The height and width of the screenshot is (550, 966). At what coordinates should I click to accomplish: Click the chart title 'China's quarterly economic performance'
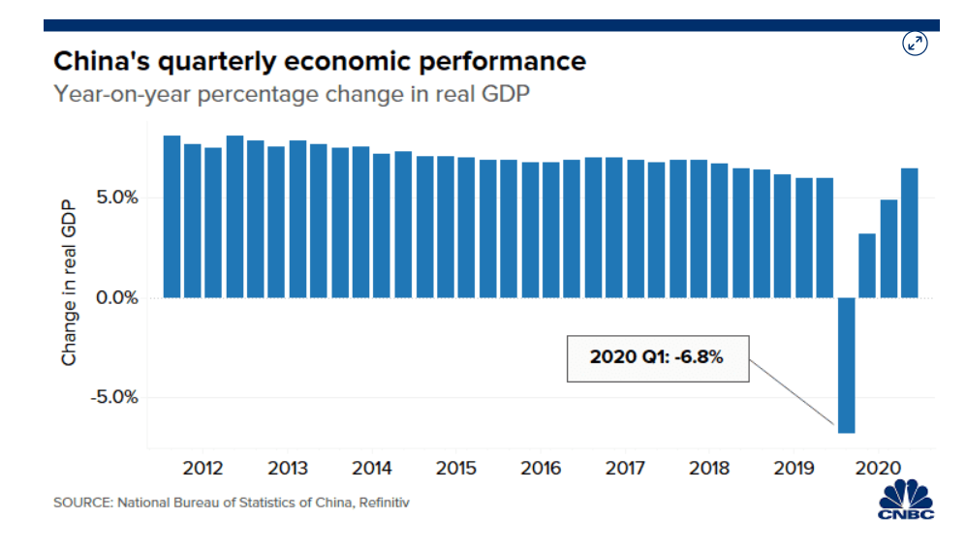[320, 62]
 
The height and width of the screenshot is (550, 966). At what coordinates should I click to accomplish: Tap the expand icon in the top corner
[915, 44]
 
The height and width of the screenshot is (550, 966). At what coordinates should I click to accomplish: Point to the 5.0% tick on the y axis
[114, 199]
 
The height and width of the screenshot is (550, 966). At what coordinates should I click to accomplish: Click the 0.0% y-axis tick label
[114, 298]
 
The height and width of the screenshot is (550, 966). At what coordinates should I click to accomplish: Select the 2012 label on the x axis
[203, 469]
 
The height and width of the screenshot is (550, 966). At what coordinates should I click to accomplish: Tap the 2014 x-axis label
[372, 469]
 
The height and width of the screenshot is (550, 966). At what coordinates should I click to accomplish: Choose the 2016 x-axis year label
[541, 469]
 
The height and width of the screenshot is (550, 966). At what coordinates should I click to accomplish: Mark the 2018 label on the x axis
[709, 469]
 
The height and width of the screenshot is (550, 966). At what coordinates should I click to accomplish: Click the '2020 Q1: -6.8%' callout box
[657, 356]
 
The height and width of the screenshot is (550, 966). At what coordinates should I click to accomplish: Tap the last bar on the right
[909, 232]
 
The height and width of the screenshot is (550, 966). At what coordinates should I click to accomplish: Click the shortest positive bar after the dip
[867, 265]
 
